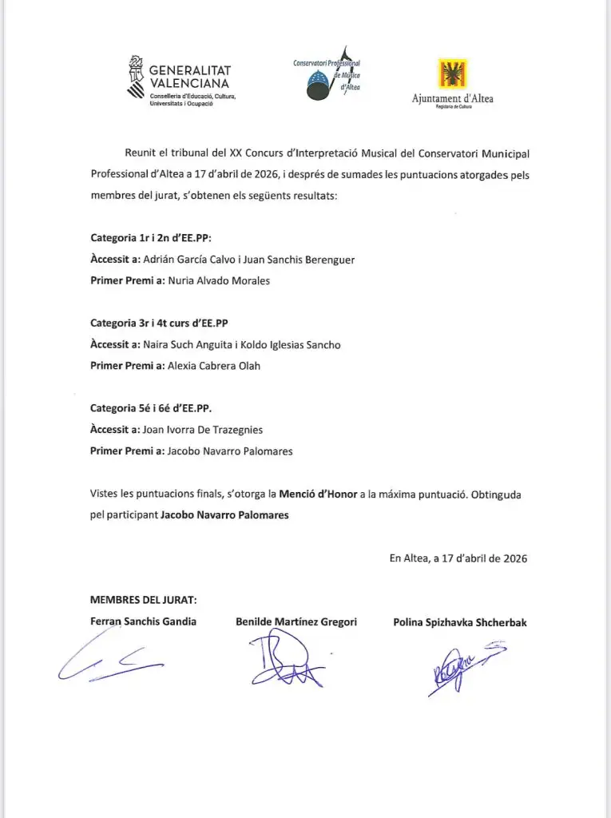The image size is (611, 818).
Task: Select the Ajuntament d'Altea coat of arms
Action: pos(452,75)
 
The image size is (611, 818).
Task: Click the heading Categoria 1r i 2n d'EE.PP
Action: pos(151,238)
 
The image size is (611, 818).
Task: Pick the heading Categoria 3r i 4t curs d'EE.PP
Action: pos(159,323)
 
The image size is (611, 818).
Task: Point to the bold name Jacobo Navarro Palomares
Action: pos(224,515)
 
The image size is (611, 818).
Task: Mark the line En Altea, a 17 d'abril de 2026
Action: pos(458,558)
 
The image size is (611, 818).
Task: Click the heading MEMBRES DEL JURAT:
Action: pos(143,601)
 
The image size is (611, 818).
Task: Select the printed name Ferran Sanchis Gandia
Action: pos(144,621)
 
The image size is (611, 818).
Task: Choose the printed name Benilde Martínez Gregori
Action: pos(296,621)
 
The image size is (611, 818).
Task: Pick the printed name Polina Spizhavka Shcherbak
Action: pos(460,622)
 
